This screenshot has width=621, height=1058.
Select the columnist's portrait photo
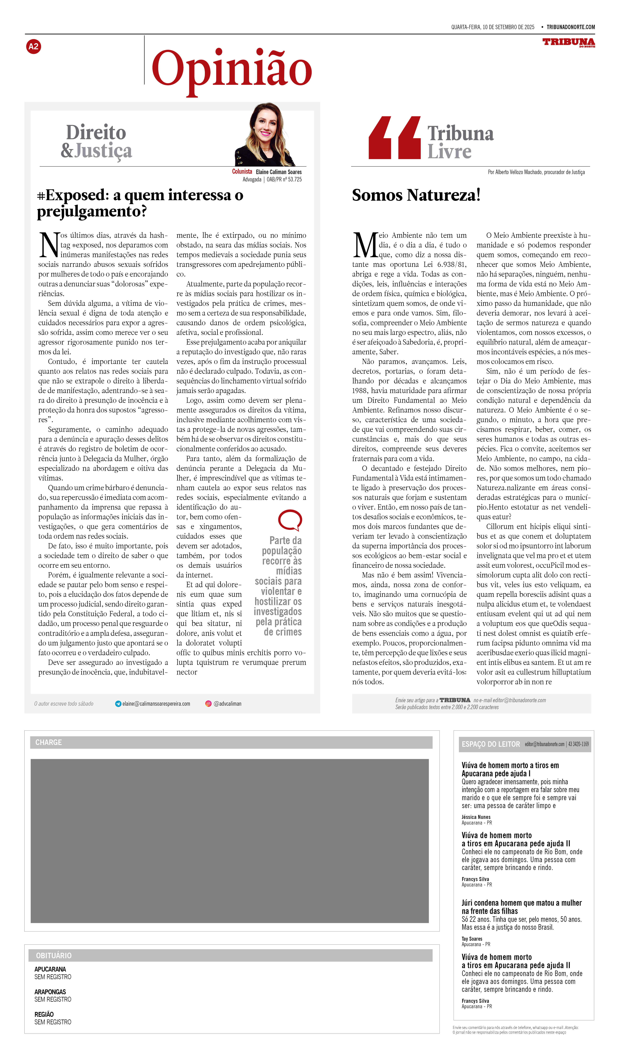point(265,135)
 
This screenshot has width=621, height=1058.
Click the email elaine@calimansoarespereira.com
point(156,704)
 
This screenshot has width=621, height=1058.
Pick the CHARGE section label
point(49,743)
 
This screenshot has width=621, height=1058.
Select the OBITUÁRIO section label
point(54,956)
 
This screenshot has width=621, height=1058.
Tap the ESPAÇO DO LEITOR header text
point(491,744)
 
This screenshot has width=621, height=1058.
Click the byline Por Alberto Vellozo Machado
point(536,172)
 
